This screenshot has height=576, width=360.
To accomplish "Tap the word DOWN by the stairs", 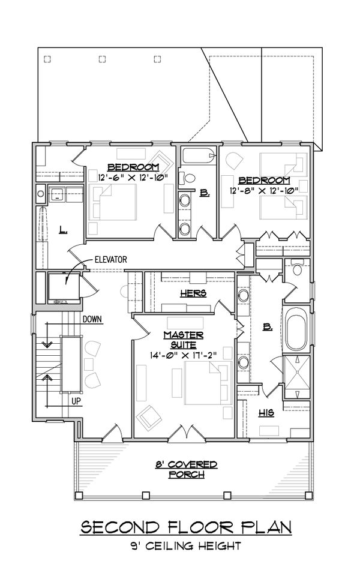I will coord(95,319).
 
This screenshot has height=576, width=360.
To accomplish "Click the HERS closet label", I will coord(193,293).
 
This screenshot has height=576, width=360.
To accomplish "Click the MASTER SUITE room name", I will coord(182,340).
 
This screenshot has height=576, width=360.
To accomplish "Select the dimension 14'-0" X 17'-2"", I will coord(182,355).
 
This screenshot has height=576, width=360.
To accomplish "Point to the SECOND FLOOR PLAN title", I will coord(186,527).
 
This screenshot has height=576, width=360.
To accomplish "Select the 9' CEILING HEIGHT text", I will coord(186,546).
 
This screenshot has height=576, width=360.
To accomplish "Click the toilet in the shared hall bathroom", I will coord(189,178).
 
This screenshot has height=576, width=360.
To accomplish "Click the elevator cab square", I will coord(63,288).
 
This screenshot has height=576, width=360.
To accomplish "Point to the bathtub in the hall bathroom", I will coord(198,157).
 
